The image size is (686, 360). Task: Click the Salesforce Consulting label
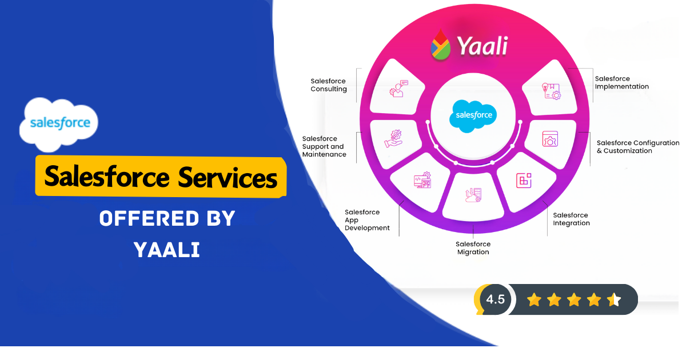(x=329, y=85)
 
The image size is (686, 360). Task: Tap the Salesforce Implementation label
(x=621, y=83)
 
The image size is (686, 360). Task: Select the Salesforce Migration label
(x=473, y=248)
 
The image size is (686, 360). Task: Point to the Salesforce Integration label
(x=571, y=219)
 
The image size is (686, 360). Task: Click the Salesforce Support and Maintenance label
(x=324, y=146)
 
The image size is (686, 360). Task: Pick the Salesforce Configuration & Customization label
(x=637, y=147)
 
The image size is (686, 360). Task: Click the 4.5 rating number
(x=495, y=299)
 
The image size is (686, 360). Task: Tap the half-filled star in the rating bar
(x=614, y=299)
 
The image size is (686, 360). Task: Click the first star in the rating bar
(x=534, y=299)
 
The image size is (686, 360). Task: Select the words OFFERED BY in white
(x=167, y=218)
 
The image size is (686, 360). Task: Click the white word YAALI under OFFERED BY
(x=166, y=249)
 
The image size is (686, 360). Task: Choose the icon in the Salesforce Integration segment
(x=524, y=180)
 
